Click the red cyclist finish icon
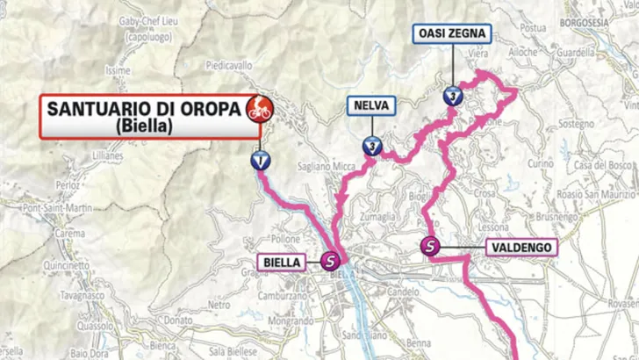[260, 109]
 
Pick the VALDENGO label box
[521, 248]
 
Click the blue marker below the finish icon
[261, 160]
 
